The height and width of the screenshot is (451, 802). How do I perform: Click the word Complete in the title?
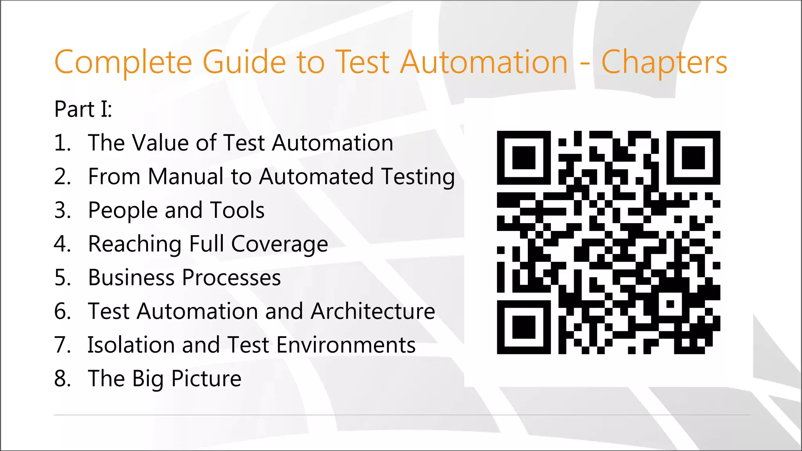click(123, 63)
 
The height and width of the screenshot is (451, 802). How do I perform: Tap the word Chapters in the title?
click(664, 63)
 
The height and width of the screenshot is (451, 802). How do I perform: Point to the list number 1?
click(62, 143)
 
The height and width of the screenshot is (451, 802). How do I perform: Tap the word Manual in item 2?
click(186, 177)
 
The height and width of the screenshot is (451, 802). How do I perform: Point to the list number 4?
click(62, 244)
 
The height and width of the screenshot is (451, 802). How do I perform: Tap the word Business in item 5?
click(131, 278)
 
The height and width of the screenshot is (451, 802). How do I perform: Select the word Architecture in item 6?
click(373, 312)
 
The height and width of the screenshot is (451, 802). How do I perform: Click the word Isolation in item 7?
click(130, 345)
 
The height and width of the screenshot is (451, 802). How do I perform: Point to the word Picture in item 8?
click(206, 379)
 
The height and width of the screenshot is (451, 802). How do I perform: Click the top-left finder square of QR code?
click(524, 158)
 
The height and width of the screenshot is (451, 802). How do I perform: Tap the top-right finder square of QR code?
click(693, 158)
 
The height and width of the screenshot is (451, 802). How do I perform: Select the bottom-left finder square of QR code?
click(524, 327)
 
